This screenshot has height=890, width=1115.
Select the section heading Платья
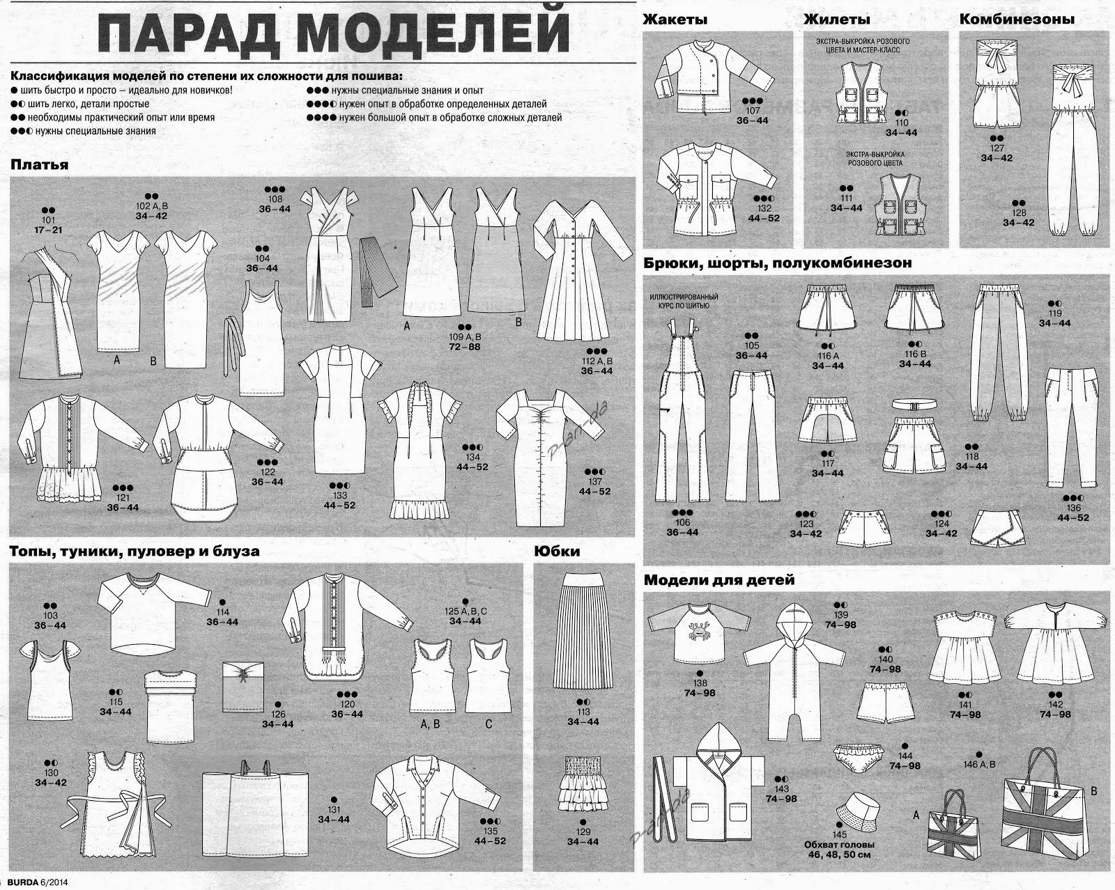coord(39,165)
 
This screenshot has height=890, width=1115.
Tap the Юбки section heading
coord(557,551)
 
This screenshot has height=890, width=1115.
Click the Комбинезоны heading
coord(1017,19)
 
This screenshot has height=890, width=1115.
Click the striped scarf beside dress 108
coord(378,271)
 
